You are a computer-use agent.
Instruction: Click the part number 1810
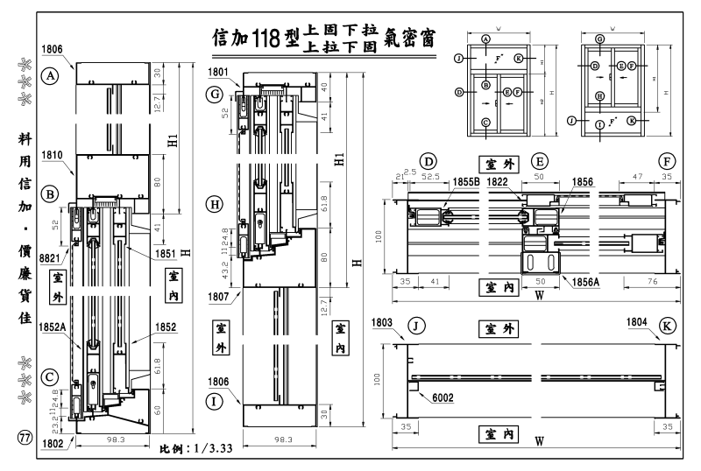(52, 153)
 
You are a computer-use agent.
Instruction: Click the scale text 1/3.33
(211, 449)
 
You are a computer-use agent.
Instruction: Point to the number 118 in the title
(265, 38)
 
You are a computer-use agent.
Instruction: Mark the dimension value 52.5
(428, 174)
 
